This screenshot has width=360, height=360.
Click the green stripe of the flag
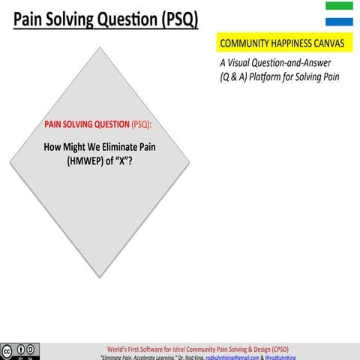339,5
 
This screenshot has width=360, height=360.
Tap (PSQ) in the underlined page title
179,20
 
